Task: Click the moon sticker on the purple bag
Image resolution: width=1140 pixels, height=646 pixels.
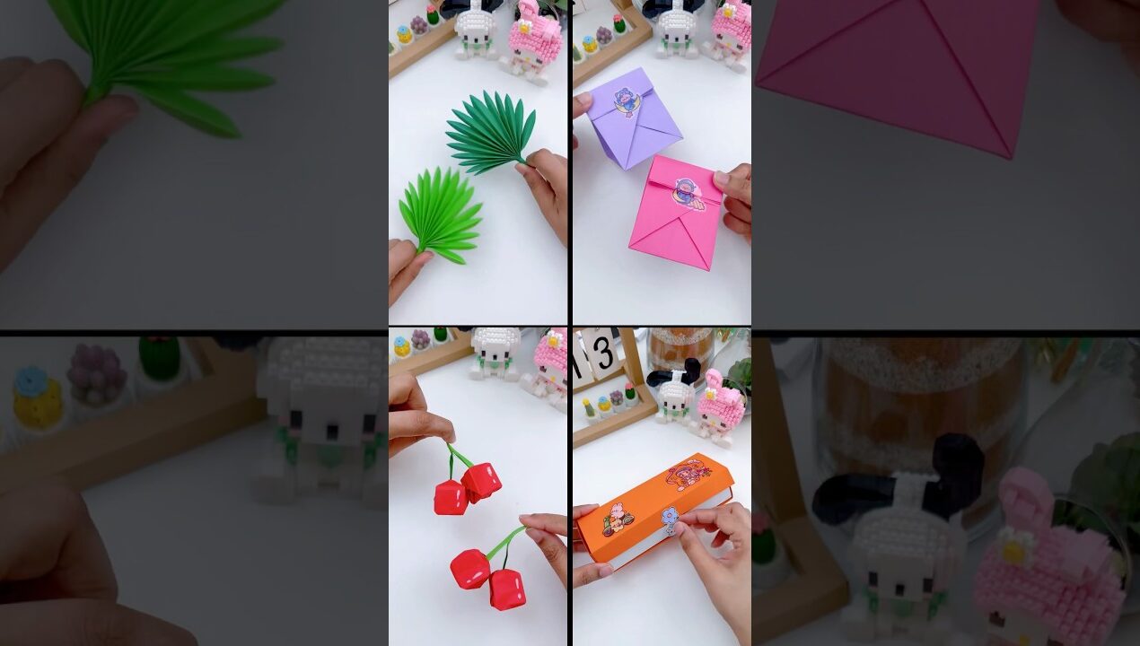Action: click(626, 102)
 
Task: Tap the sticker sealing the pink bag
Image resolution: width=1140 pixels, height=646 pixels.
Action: click(689, 192)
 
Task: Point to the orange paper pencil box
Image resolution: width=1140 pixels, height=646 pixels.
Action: click(653, 511)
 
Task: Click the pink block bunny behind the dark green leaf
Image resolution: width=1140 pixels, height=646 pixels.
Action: click(535, 40)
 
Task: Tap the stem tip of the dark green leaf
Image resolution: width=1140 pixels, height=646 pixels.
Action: click(524, 161)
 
